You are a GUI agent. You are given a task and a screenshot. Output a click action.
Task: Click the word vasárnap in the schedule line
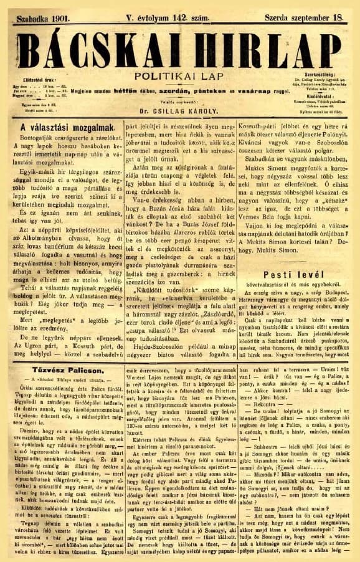[x=247, y=91]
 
